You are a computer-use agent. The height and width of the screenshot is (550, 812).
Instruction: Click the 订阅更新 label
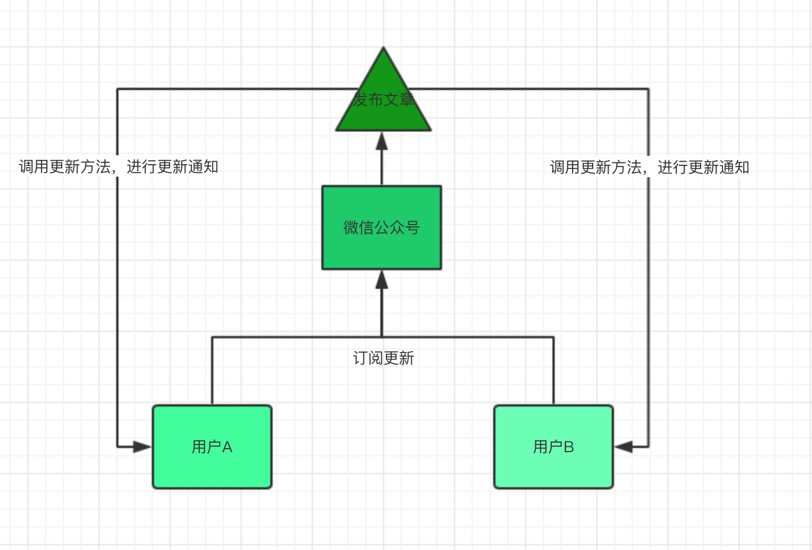coord(383,358)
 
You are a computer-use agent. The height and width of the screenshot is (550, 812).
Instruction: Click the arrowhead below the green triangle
coord(382,141)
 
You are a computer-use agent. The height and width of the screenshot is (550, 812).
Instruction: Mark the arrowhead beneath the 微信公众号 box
coord(382,280)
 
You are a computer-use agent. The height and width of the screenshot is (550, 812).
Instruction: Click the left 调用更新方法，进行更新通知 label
coord(119,167)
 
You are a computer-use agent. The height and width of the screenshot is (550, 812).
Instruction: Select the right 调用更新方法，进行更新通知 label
coord(650,167)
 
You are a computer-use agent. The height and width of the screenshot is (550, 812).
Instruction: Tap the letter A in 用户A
coord(227,447)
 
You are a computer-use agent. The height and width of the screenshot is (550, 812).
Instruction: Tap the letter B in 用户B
coord(568,447)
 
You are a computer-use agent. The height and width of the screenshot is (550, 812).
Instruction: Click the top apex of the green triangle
coord(383,49)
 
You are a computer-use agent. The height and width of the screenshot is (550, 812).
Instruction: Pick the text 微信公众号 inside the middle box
coord(382,227)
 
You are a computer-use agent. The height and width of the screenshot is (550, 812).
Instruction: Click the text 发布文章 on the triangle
coord(383,99)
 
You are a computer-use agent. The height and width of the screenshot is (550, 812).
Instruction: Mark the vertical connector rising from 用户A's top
coord(212,370)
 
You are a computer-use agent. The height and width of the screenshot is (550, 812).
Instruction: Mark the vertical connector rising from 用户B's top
coord(554,370)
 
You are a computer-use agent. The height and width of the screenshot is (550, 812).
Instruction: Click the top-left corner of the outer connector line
coord(117,89)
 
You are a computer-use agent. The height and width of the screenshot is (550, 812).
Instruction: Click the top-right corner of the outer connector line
coord(648,89)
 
